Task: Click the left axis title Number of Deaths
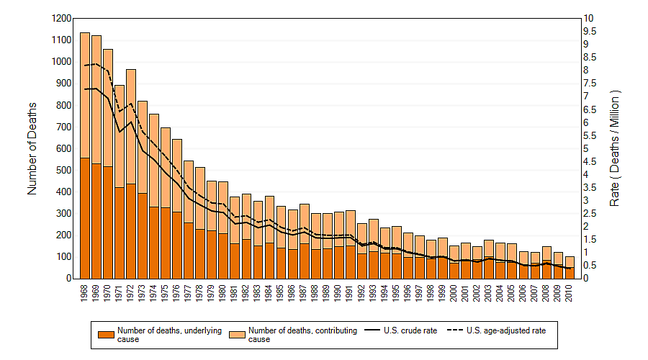pos(32,148)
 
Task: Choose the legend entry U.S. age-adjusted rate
pos(503,331)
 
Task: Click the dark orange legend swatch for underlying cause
pos(105,334)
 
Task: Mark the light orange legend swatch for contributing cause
pos(237,334)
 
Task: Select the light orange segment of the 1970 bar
pos(108,108)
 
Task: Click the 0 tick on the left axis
pos(68,279)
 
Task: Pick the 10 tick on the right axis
pos(590,18)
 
